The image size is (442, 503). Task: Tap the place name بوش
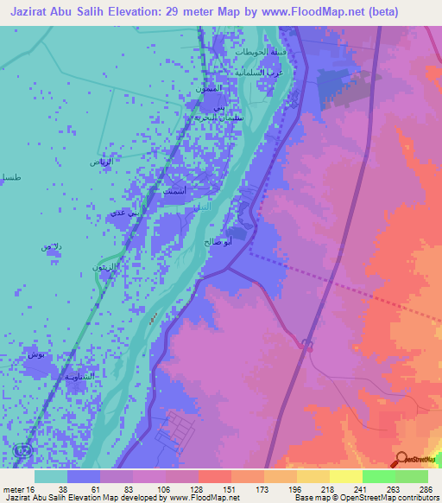pos(38,355)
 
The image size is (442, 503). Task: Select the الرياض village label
pos(102,162)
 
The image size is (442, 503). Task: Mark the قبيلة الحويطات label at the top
pos(256,53)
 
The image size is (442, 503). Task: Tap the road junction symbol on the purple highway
pos(306,344)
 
